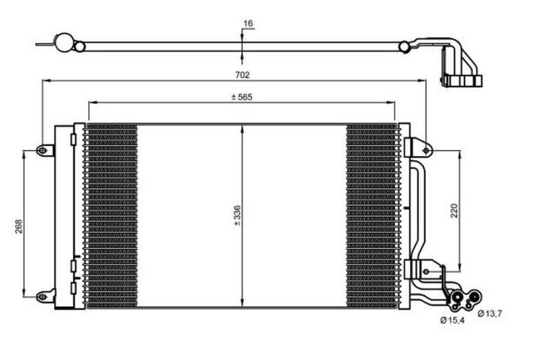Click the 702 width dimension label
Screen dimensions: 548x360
242,75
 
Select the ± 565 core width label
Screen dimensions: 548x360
242,97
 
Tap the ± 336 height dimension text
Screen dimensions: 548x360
237,216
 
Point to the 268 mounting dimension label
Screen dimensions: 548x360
18,227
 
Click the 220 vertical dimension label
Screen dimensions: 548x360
453,211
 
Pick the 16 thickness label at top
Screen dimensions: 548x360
248,23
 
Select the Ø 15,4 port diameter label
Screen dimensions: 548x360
453,320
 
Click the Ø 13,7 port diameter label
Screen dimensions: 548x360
490,313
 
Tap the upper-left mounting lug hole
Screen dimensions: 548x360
42,151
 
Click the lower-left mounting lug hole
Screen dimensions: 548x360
42,297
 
